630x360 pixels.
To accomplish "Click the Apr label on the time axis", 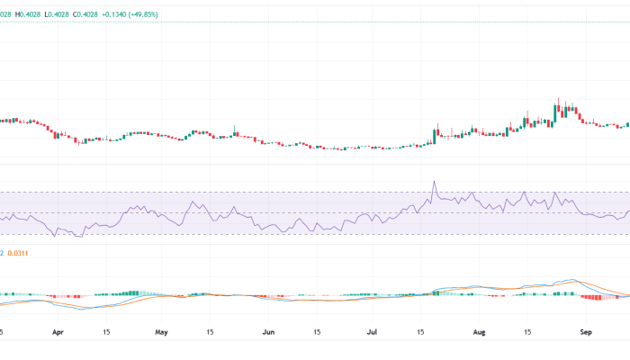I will (x=58, y=331).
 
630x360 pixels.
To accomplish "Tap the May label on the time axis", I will (x=162, y=331).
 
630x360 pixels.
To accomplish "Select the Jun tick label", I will (x=268, y=331).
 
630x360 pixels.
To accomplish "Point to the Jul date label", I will (x=373, y=331).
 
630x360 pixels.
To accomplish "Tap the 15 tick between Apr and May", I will (x=108, y=331).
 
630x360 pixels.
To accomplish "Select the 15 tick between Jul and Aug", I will (x=423, y=331).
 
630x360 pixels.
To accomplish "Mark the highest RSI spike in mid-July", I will (x=434, y=183).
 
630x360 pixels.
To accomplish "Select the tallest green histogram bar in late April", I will (x=134, y=292).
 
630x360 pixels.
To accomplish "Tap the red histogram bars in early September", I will (x=593, y=297).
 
